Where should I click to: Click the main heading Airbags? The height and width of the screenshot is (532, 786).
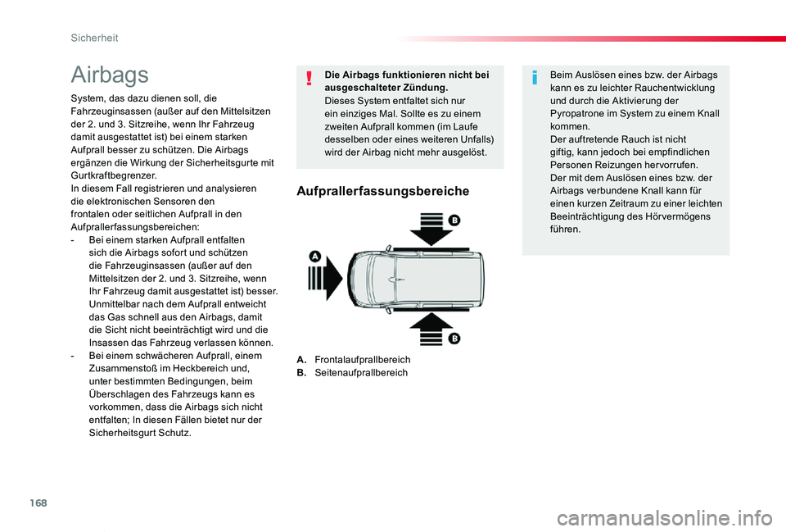pos(110,75)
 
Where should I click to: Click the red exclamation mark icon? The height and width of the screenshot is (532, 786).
pos(310,79)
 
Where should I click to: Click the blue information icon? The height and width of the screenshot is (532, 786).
pos(535,79)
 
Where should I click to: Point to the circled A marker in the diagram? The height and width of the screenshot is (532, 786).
pos(314,257)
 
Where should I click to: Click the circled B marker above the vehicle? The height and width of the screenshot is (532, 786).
pos(454,221)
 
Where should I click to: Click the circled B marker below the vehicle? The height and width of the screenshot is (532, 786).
pos(454,338)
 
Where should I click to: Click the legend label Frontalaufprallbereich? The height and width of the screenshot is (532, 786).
pos(362,360)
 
